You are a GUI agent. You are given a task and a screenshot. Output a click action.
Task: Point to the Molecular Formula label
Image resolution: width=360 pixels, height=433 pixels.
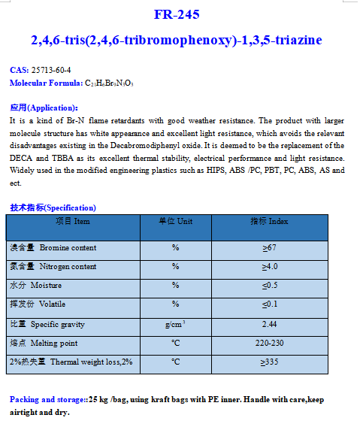(x=45, y=82)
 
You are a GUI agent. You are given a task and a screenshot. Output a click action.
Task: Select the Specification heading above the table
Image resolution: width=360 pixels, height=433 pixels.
(x=53, y=207)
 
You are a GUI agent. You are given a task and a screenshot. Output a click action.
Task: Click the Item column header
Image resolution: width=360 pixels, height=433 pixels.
(x=73, y=222)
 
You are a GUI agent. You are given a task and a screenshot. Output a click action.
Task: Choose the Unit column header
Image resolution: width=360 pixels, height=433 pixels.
(x=175, y=222)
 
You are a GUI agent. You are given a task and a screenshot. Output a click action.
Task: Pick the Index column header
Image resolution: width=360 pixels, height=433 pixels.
(x=269, y=222)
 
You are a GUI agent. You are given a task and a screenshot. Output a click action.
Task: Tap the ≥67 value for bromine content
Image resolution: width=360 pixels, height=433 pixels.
(x=269, y=248)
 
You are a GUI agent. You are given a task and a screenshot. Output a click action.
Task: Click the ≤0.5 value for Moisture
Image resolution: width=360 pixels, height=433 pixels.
(x=269, y=286)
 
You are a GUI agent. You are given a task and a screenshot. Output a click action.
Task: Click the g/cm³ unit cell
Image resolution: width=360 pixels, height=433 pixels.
(x=175, y=324)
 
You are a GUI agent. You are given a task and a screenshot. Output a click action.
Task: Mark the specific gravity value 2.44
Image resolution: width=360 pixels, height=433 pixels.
(x=269, y=324)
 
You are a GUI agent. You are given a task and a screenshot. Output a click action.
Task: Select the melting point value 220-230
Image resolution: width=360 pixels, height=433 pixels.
(x=269, y=344)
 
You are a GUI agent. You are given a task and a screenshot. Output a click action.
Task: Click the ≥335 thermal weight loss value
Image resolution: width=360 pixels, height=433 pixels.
(x=269, y=362)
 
